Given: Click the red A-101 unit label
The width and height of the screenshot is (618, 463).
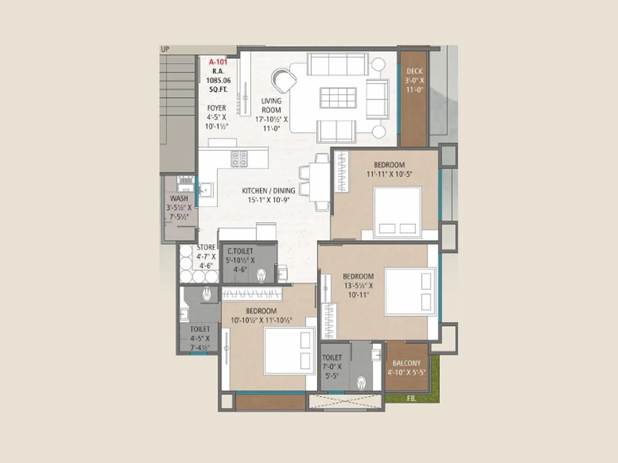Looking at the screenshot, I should point(218,62).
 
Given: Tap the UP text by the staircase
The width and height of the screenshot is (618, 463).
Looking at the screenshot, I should point(165,49).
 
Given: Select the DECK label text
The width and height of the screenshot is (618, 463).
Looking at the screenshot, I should point(414,71).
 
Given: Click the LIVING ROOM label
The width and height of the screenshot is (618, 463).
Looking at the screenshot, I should point(271,105).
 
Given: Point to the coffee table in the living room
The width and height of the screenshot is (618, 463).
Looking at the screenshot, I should point(338,98).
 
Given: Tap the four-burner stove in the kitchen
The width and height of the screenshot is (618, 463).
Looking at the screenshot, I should point(239,159).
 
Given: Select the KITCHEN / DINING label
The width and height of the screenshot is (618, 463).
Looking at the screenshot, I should point(268,191).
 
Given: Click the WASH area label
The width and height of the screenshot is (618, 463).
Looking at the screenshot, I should point(179,198).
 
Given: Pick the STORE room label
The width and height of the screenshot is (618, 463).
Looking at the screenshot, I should point(206,247).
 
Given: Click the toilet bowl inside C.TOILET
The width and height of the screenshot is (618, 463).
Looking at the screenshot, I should point(261,275).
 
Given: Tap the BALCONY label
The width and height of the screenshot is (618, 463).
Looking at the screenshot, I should point(406,363).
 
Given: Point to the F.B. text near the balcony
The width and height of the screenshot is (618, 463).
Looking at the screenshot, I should point(411,398).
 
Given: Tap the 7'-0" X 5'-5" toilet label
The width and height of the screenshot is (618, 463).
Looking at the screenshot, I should point(332,358).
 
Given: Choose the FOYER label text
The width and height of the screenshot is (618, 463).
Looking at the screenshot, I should point(216,108).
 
